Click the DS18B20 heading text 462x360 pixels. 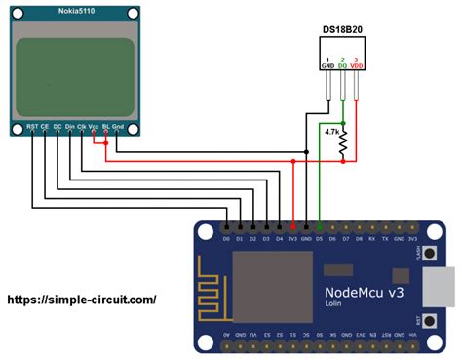(343, 30)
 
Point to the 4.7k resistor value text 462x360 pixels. (331, 131)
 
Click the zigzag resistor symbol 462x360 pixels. (343, 143)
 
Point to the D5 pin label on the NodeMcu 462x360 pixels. (319, 238)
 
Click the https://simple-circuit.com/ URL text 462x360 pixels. (82, 301)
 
